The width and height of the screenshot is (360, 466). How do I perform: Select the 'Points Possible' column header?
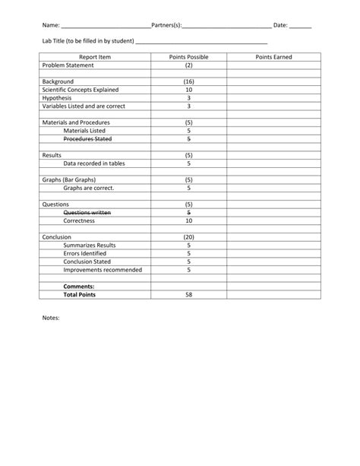[x=189, y=57]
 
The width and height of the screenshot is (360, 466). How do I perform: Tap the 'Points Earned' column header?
[x=273, y=57]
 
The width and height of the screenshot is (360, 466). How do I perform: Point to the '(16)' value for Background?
[x=189, y=81]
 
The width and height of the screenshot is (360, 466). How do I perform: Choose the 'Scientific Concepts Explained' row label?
[x=81, y=90]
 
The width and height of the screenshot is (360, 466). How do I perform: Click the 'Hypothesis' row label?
[x=57, y=98]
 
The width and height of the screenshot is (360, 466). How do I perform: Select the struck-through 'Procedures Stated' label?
[x=87, y=139]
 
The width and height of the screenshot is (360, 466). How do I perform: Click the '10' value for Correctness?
[x=189, y=221]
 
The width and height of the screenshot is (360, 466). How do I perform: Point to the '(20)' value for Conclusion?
[x=189, y=237]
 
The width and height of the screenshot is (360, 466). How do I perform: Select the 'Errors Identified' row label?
[x=85, y=254]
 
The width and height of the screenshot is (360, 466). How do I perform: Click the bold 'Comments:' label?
[x=79, y=287]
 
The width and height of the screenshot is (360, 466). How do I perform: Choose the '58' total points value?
[x=189, y=294]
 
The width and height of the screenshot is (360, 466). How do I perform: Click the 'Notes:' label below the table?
[x=51, y=319]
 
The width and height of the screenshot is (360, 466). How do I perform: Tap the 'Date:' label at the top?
[x=280, y=26]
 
